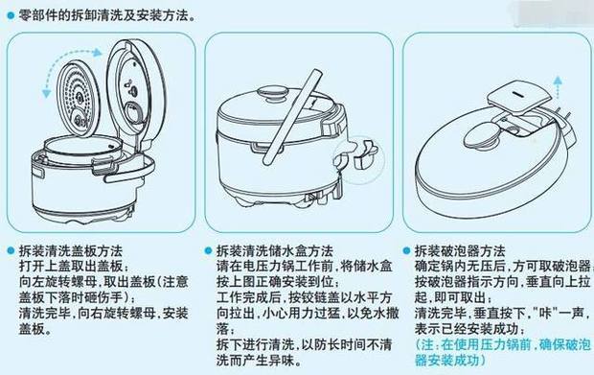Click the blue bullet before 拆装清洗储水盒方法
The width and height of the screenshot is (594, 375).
point(209,247)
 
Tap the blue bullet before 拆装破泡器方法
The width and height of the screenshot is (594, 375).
point(406,247)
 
